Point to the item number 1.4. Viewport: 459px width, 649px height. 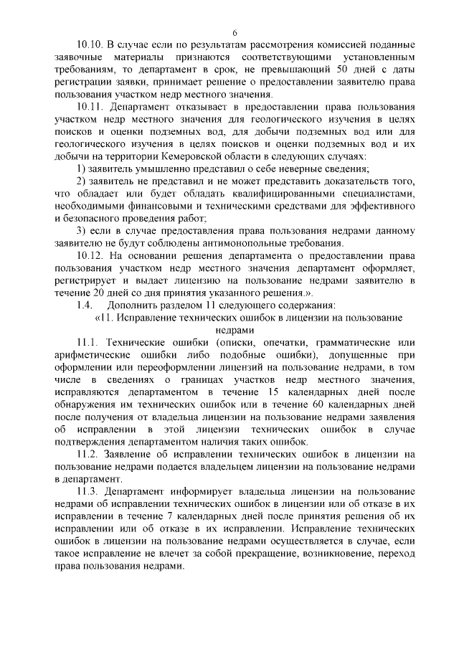click(85, 305)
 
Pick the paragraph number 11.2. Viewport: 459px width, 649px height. click(89, 454)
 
